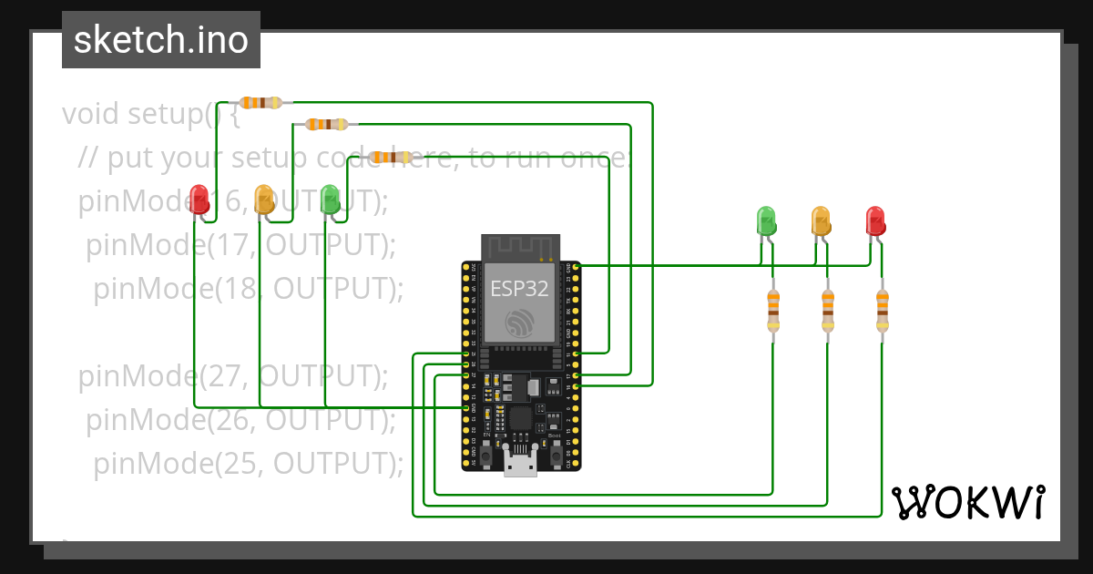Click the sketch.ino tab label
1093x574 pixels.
pos(161,40)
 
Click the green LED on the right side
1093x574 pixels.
pos(767,220)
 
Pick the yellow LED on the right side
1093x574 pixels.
pos(821,220)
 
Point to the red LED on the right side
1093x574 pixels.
pos(875,220)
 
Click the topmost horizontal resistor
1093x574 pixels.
pos(262,103)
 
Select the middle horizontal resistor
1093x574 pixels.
pos(327,124)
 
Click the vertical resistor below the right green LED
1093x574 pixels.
pos(773,310)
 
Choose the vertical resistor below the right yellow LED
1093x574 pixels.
pos(827,310)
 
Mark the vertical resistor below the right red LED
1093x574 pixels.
pos(882,310)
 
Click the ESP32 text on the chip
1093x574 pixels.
pos(519,289)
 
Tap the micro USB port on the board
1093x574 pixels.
pos(520,466)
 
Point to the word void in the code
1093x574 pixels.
pos(91,114)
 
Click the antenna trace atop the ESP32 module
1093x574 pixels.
pos(519,246)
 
